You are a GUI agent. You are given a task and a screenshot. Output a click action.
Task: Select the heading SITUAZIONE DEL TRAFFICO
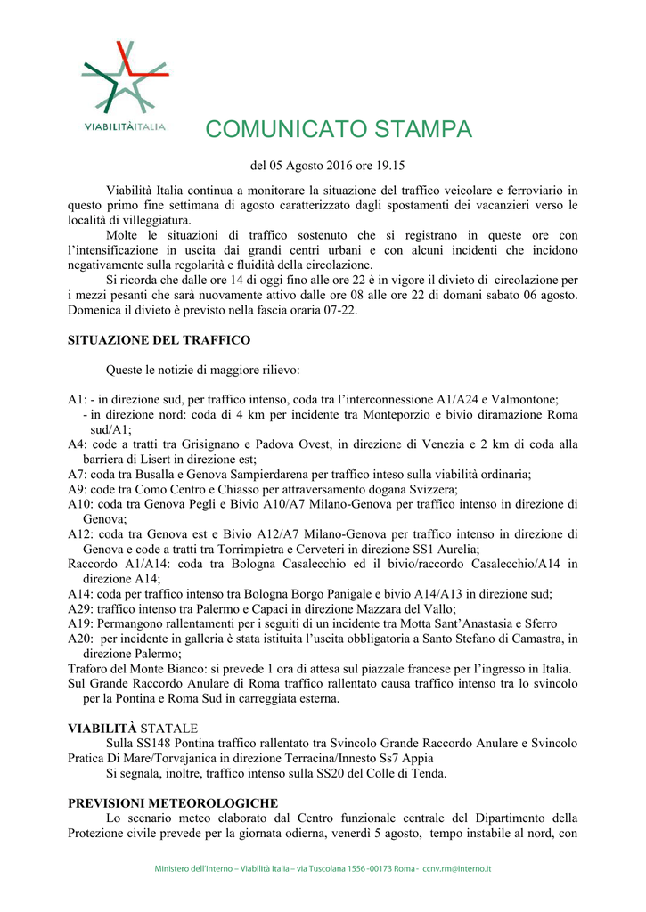point(159,339)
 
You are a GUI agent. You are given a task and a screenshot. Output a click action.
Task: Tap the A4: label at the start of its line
point(78,444)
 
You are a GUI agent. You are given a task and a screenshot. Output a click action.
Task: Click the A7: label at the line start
point(78,475)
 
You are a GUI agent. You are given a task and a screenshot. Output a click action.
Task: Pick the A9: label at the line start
point(78,490)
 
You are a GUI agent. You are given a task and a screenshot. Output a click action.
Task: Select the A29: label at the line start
point(81,610)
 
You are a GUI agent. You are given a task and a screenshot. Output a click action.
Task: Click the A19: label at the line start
point(81,624)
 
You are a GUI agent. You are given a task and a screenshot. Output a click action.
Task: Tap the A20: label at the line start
point(81,639)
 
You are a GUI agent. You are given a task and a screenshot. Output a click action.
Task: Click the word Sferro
point(538,624)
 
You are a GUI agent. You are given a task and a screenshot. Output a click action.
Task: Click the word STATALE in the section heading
point(171,729)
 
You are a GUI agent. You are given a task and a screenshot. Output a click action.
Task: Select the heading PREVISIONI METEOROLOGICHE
point(173,803)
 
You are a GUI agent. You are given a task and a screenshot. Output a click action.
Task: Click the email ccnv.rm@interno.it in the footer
point(457,868)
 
